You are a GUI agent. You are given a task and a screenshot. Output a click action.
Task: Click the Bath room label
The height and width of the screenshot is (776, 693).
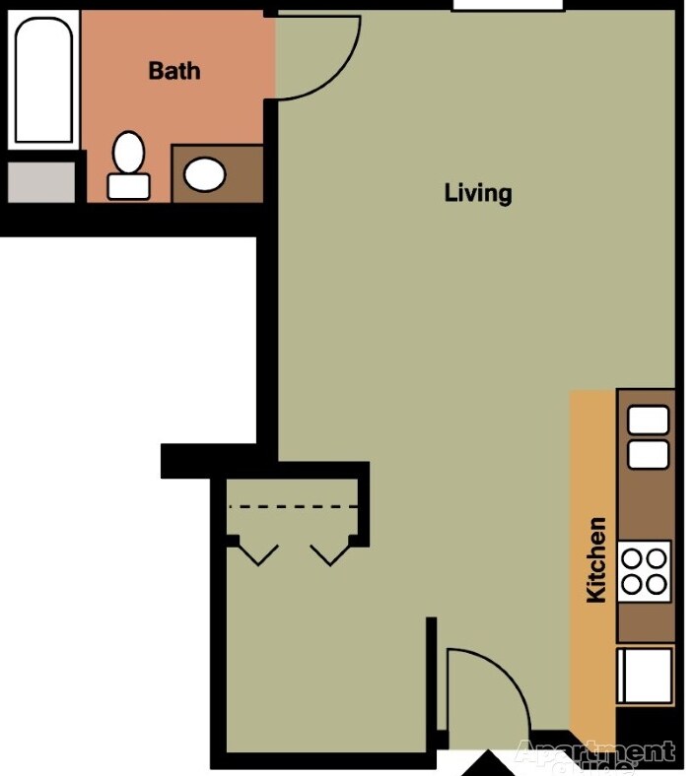click(x=173, y=71)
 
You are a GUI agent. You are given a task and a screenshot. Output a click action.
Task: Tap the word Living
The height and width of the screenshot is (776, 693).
click(x=478, y=192)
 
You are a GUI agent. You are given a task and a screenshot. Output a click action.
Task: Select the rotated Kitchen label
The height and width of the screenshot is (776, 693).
click(x=596, y=559)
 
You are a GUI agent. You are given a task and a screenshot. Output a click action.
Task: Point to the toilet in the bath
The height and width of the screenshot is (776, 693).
click(x=128, y=166)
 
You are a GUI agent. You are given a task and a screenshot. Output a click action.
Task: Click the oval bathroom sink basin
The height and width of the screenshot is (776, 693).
click(x=205, y=175)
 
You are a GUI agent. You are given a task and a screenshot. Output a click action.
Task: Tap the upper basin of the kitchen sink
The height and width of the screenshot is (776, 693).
click(x=648, y=420)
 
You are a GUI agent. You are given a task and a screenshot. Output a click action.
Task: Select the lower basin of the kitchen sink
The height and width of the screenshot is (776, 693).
click(x=648, y=454)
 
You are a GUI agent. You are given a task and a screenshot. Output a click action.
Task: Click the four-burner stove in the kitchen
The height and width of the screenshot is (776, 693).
click(x=645, y=571)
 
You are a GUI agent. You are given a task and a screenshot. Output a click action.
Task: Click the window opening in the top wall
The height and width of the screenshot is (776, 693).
click(x=507, y=6)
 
